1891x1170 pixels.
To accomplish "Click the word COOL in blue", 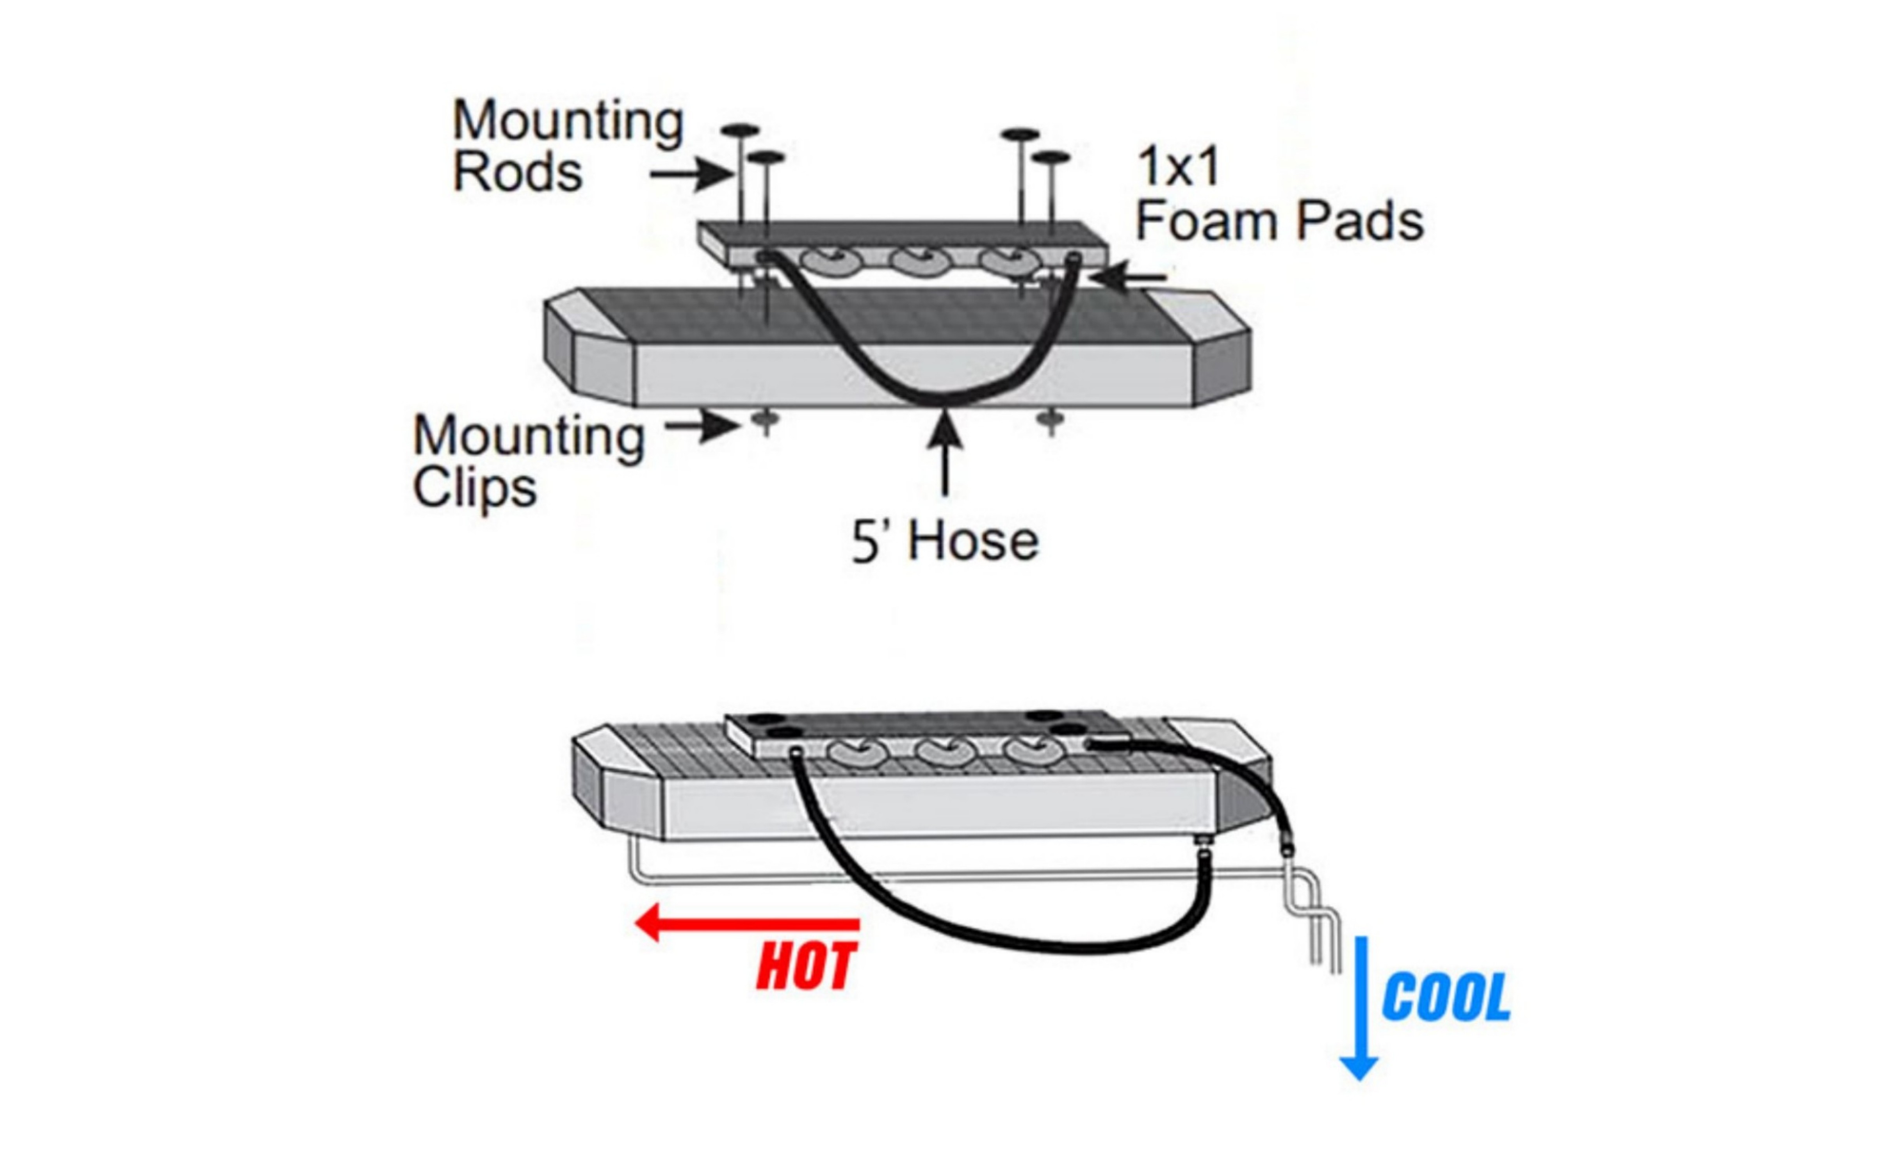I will (x=1445, y=998).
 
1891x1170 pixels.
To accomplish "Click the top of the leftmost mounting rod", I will (x=740, y=130).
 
